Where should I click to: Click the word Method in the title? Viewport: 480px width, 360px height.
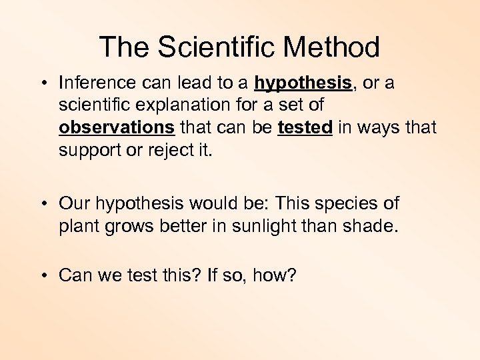(331, 47)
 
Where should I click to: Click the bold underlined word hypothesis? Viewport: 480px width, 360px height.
(303, 83)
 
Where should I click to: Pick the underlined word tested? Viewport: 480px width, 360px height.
(305, 127)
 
